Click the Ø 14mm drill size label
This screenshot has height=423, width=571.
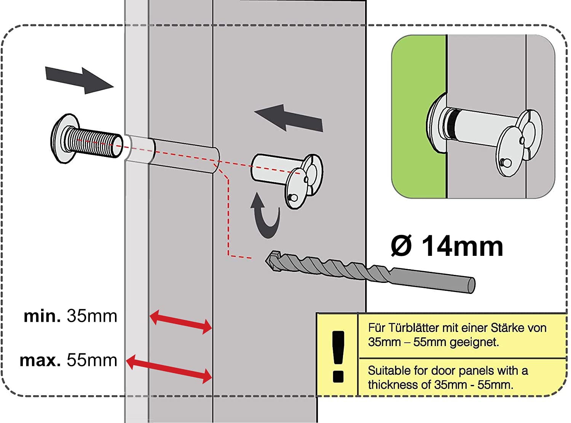[x=447, y=247]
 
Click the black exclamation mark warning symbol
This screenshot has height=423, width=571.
[x=338, y=356]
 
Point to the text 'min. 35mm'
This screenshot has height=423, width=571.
[x=70, y=316]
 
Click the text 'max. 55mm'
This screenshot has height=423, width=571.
[x=69, y=360]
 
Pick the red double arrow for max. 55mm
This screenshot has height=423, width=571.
[x=169, y=368]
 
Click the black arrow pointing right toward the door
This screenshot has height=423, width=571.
[x=79, y=79]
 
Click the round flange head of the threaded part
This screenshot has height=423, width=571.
[x=63, y=139]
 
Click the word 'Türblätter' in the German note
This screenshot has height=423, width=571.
[x=408, y=328]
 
